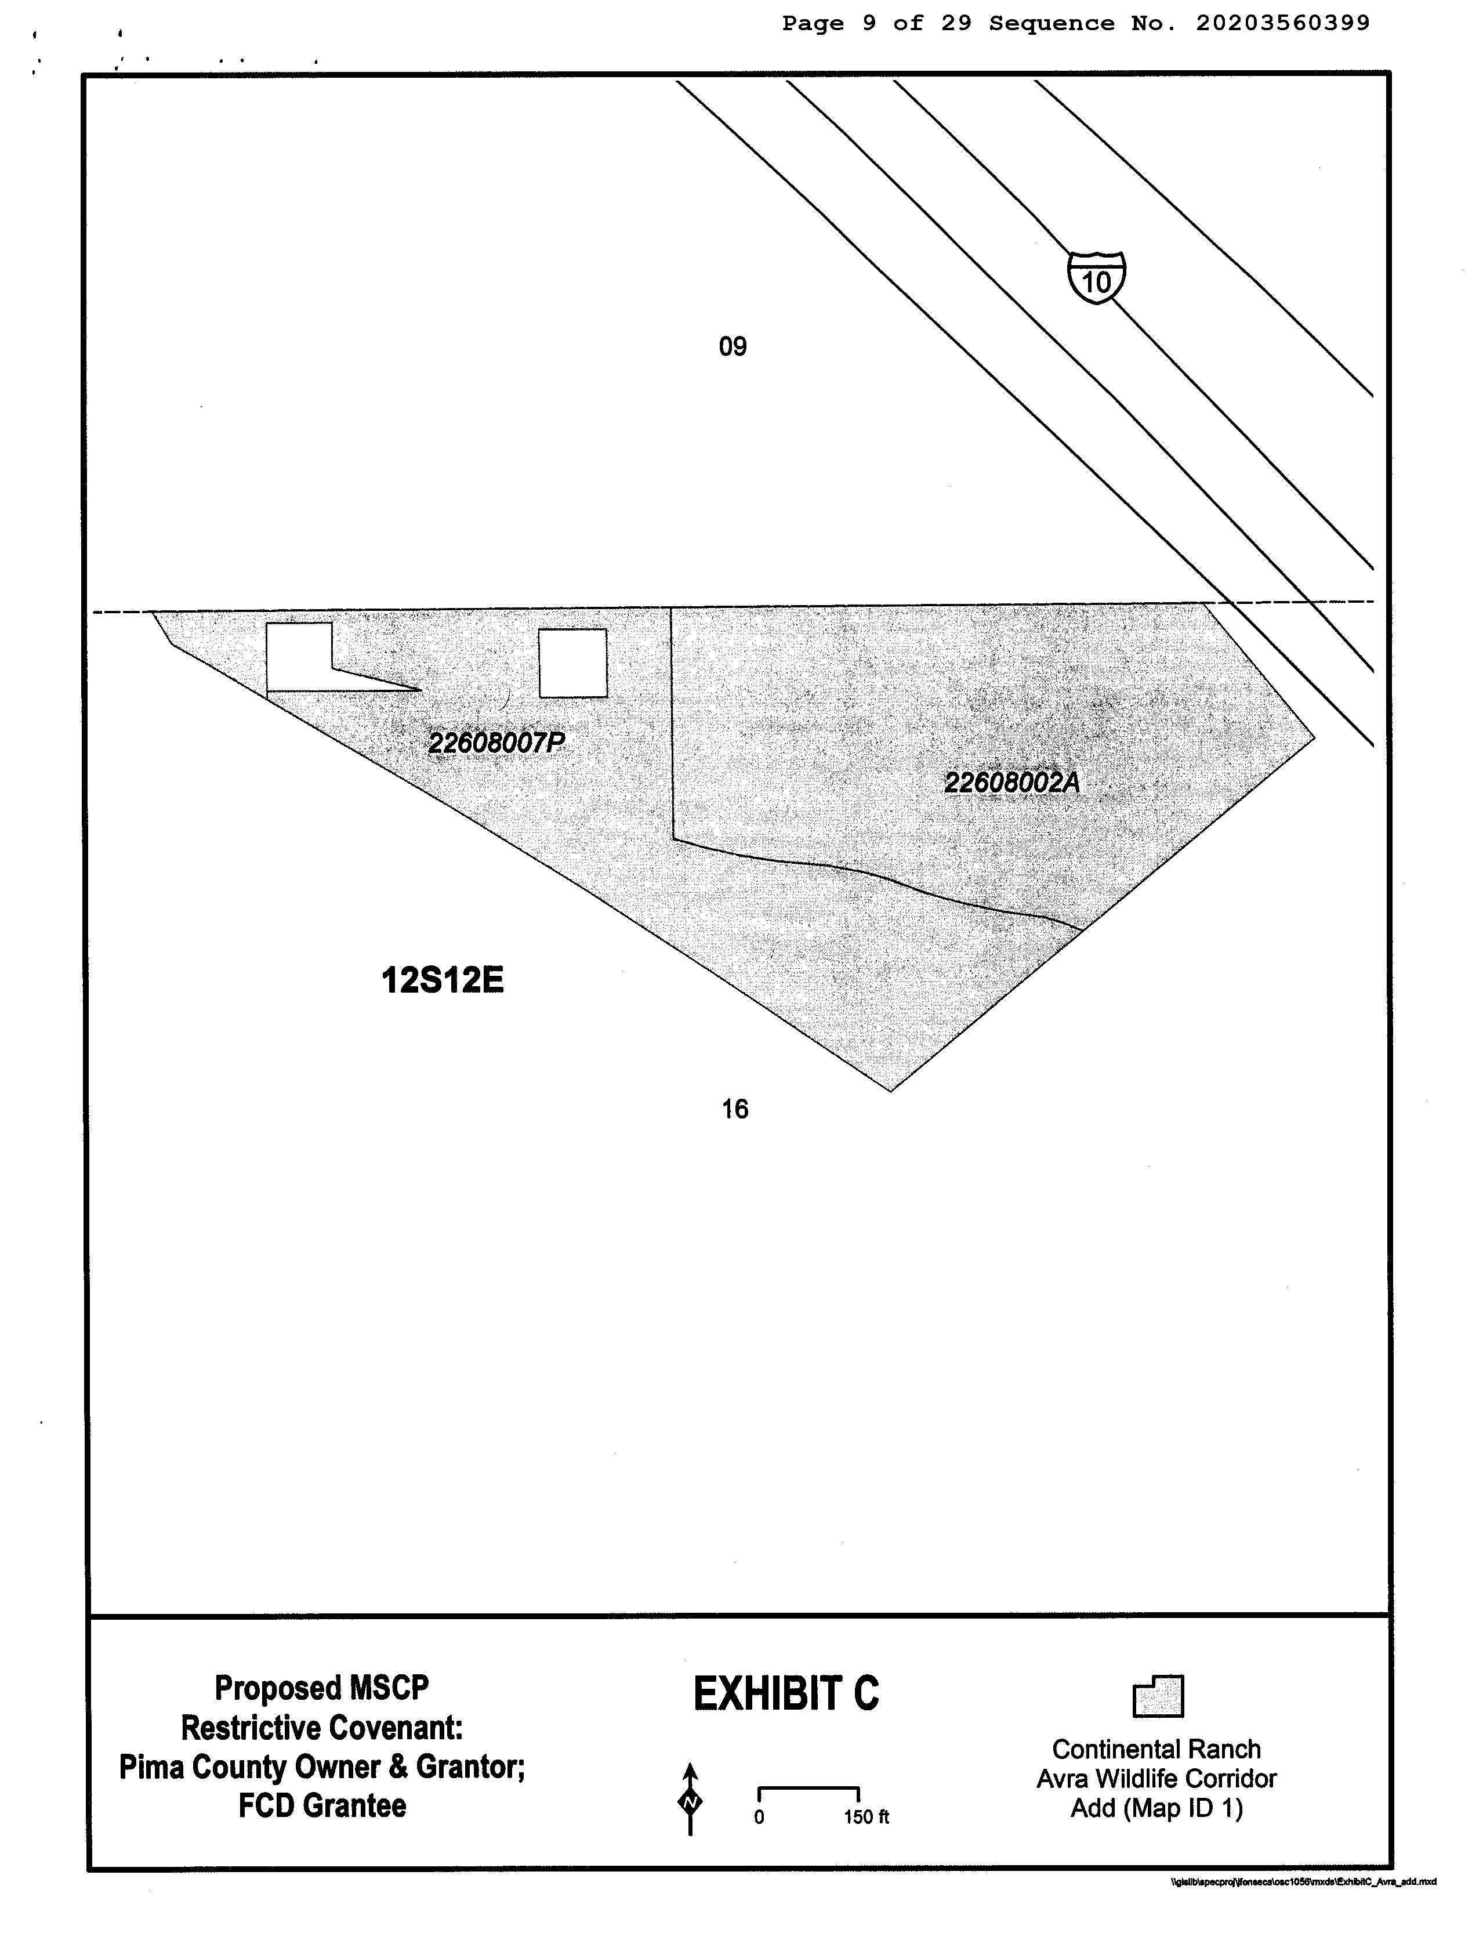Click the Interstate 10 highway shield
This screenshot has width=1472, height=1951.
coord(1096,278)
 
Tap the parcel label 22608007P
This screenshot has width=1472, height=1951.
coord(496,743)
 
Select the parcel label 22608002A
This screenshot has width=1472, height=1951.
coord(1011,783)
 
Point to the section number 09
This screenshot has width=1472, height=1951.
coord(733,346)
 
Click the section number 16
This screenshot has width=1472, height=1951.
coord(735,1110)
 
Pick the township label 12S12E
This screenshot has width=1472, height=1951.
coord(442,980)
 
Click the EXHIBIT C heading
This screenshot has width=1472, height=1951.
coord(786,1695)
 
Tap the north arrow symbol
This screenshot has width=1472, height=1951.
coord(691,1800)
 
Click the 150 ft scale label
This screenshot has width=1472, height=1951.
coord(866,1817)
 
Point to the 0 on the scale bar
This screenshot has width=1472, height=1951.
coord(759,1817)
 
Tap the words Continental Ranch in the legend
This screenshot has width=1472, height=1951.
coord(1156,1749)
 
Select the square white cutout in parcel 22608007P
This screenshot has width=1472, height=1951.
coord(572,663)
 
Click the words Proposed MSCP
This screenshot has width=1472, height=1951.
coord(322,1688)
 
